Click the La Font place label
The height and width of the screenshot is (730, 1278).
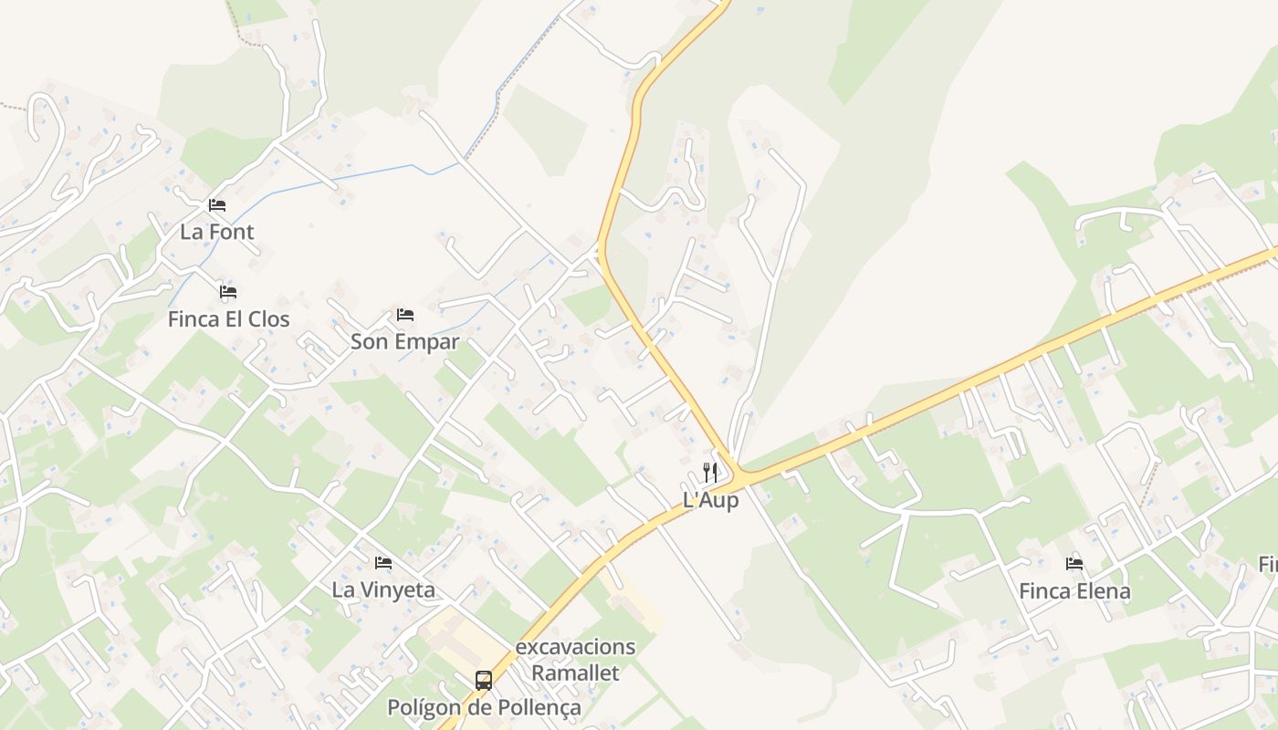tap(216, 232)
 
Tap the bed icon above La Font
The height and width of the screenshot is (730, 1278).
tap(216, 204)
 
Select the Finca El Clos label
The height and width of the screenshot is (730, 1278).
tap(228, 319)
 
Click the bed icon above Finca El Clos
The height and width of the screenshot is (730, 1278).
tap(228, 292)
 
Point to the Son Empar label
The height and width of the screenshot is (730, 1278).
tap(404, 342)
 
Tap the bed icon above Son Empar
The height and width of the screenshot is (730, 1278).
tap(405, 315)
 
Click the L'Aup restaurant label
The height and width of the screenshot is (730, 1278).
tap(710, 500)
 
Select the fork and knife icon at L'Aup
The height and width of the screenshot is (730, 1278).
tap(710, 473)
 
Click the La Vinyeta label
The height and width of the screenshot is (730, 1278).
tap(383, 590)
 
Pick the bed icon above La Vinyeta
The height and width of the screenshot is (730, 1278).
tap(383, 563)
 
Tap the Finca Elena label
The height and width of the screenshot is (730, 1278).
tap(1074, 591)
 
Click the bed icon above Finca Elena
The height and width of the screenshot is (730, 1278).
tap(1074, 564)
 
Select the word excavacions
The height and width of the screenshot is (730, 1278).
tap(575, 647)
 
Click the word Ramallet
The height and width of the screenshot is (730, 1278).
tap(575, 673)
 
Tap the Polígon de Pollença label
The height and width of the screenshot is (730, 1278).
tap(484, 708)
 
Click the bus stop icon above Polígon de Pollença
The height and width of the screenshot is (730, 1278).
tap(484, 681)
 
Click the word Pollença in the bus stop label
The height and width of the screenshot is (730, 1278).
tap(540, 708)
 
